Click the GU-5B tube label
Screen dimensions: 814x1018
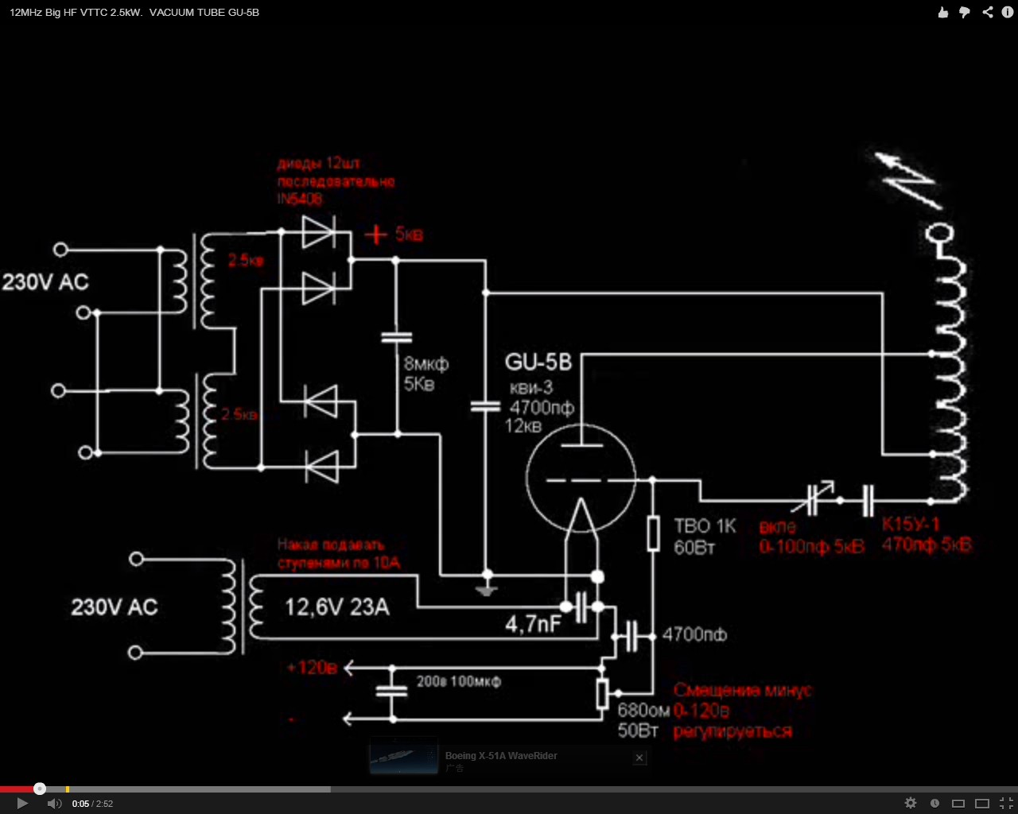coord(538,362)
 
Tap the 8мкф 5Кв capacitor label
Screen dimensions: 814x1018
coord(425,374)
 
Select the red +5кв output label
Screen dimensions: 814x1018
coord(394,235)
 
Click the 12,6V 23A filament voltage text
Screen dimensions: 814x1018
coord(337,607)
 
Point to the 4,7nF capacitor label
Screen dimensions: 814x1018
coord(533,624)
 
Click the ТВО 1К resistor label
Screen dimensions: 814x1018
coord(705,526)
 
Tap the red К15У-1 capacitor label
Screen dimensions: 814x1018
coord(911,525)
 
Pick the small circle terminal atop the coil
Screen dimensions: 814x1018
coord(940,235)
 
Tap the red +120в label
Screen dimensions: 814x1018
coord(313,668)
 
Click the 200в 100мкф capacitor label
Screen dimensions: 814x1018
coord(458,681)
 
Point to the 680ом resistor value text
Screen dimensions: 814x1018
coord(643,711)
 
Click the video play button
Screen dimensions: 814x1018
coord(22,804)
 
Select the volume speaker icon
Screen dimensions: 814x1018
coord(54,804)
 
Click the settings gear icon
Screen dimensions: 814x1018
coord(911,804)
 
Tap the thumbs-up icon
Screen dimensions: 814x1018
coord(943,12)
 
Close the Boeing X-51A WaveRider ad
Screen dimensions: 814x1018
coord(639,758)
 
